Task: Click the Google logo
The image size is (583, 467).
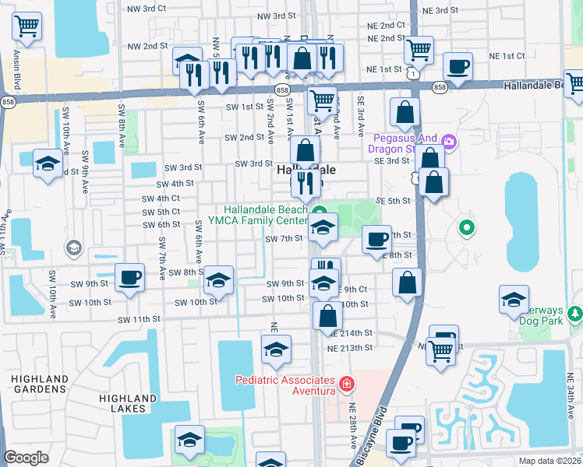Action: point(26,458)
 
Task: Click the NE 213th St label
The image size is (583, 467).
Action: point(350,346)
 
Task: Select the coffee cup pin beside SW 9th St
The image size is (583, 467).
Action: point(129,276)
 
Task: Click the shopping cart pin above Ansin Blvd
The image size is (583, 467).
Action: point(27,27)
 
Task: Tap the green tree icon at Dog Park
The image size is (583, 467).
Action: point(575,314)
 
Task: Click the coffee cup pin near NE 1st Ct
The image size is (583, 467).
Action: point(458,65)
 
